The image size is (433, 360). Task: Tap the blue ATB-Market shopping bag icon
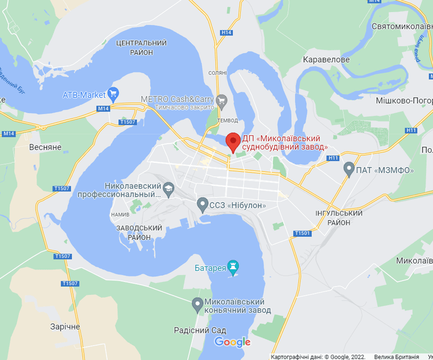pyautogui.click(x=114, y=94)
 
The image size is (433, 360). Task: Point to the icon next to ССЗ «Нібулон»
pyautogui.click(x=203, y=205)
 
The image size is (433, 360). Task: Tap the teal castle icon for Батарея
pyautogui.click(x=233, y=268)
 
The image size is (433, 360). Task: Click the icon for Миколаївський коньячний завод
pyautogui.click(x=198, y=304)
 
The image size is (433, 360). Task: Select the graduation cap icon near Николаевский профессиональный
pyautogui.click(x=169, y=188)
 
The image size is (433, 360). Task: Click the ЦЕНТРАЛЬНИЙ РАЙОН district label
pyautogui.click(x=142, y=47)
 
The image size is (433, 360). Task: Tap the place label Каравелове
pyautogui.click(x=327, y=60)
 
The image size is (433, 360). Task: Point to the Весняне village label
pyautogui.click(x=45, y=147)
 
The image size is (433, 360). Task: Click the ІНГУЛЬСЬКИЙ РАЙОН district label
pyautogui.click(x=338, y=218)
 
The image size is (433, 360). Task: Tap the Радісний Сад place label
pyautogui.click(x=200, y=330)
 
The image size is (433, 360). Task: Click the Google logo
pyautogui.click(x=232, y=342)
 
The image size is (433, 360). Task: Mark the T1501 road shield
pyautogui.click(x=302, y=233)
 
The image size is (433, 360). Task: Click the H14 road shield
pyautogui.click(x=226, y=32)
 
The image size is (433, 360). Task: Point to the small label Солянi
pyautogui.click(x=217, y=73)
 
